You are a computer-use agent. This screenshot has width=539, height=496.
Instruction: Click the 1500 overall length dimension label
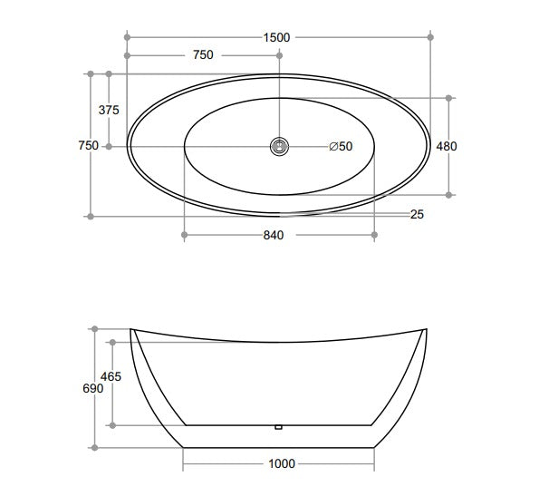(x=276, y=37)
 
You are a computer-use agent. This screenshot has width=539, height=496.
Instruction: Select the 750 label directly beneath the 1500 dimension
(x=203, y=55)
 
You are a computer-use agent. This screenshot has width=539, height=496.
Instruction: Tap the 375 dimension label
(x=109, y=110)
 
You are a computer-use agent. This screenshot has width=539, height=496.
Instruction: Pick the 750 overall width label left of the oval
(x=88, y=146)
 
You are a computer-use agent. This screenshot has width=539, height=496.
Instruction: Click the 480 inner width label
(x=447, y=146)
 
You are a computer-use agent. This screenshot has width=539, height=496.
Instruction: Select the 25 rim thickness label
(x=417, y=215)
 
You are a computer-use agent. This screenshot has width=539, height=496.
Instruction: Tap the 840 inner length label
(x=274, y=236)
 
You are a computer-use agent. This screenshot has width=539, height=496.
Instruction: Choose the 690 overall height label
(x=92, y=388)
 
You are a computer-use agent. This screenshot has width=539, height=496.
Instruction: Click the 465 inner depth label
(x=111, y=375)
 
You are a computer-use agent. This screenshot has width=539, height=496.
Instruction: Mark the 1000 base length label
(x=282, y=464)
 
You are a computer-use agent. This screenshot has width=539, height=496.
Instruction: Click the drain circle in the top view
(x=280, y=145)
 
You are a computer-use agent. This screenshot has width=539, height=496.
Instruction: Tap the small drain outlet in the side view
(x=279, y=425)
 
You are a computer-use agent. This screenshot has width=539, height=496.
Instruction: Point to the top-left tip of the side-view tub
(x=132, y=329)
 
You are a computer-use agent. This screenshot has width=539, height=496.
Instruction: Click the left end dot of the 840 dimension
(x=184, y=235)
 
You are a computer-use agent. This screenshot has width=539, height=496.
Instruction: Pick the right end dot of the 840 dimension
(x=374, y=235)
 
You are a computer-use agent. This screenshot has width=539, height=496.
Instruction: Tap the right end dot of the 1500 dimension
(x=430, y=37)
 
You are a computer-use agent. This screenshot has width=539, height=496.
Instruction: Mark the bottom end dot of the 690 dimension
(x=92, y=447)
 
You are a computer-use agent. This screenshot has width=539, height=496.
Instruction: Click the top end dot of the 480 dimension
(x=447, y=95)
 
